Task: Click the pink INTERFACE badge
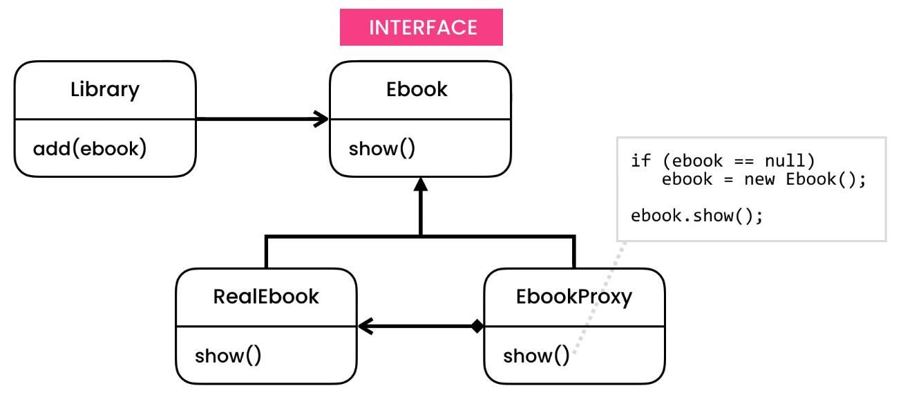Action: click(x=421, y=28)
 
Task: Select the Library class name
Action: click(x=105, y=90)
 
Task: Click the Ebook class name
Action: click(x=417, y=90)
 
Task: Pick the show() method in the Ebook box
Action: click(x=381, y=149)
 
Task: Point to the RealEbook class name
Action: click(x=266, y=297)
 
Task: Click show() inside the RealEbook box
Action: click(x=227, y=356)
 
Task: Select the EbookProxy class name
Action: click(x=573, y=297)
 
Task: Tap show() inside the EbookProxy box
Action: click(x=535, y=356)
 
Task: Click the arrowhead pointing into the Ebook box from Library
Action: click(x=321, y=119)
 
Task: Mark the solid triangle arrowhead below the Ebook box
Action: click(x=420, y=186)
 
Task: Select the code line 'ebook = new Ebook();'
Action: click(x=763, y=180)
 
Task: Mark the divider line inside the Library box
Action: click(x=105, y=119)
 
